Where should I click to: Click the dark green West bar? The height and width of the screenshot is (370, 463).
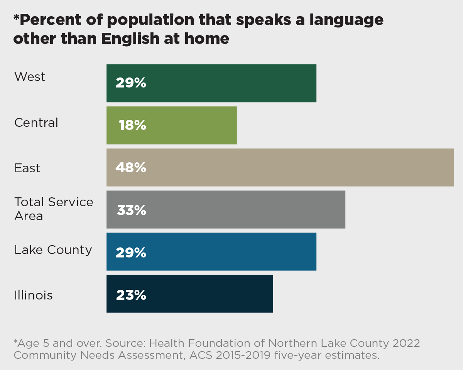(x=231, y=83)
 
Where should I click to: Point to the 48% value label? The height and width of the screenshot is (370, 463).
(x=131, y=168)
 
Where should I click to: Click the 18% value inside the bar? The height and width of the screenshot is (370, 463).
(x=132, y=125)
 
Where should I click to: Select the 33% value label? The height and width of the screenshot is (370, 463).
(x=131, y=210)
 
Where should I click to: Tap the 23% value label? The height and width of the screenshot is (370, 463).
(x=131, y=295)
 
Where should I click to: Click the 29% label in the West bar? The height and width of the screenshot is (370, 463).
(x=131, y=83)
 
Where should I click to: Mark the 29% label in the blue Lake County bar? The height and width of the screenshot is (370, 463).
(x=131, y=253)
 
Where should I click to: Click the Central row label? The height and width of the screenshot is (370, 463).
(x=36, y=123)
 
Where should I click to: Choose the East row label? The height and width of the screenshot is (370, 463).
(x=27, y=168)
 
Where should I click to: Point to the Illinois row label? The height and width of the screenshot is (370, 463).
(x=34, y=296)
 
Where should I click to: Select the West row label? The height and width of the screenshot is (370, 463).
(x=30, y=77)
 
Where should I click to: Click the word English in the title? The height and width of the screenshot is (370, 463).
(x=127, y=39)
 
